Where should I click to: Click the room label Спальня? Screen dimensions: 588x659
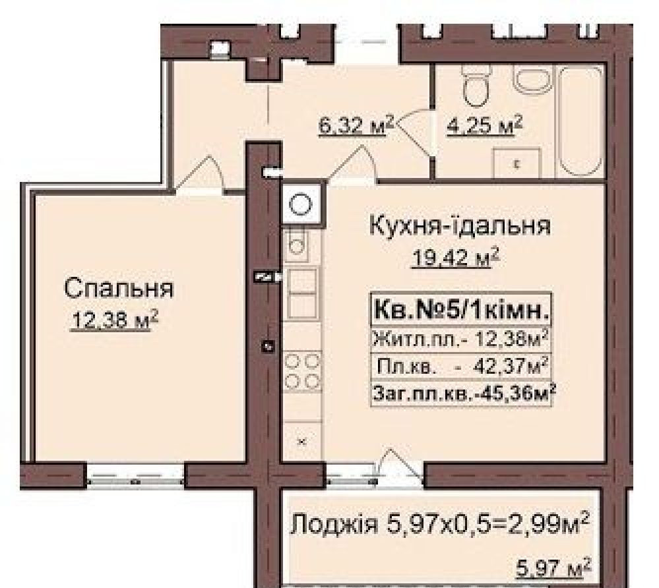pyautogui.click(x=119, y=288)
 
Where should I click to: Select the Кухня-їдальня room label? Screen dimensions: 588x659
pyautogui.click(x=459, y=226)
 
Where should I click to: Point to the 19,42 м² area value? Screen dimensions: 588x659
pyautogui.click(x=455, y=258)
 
